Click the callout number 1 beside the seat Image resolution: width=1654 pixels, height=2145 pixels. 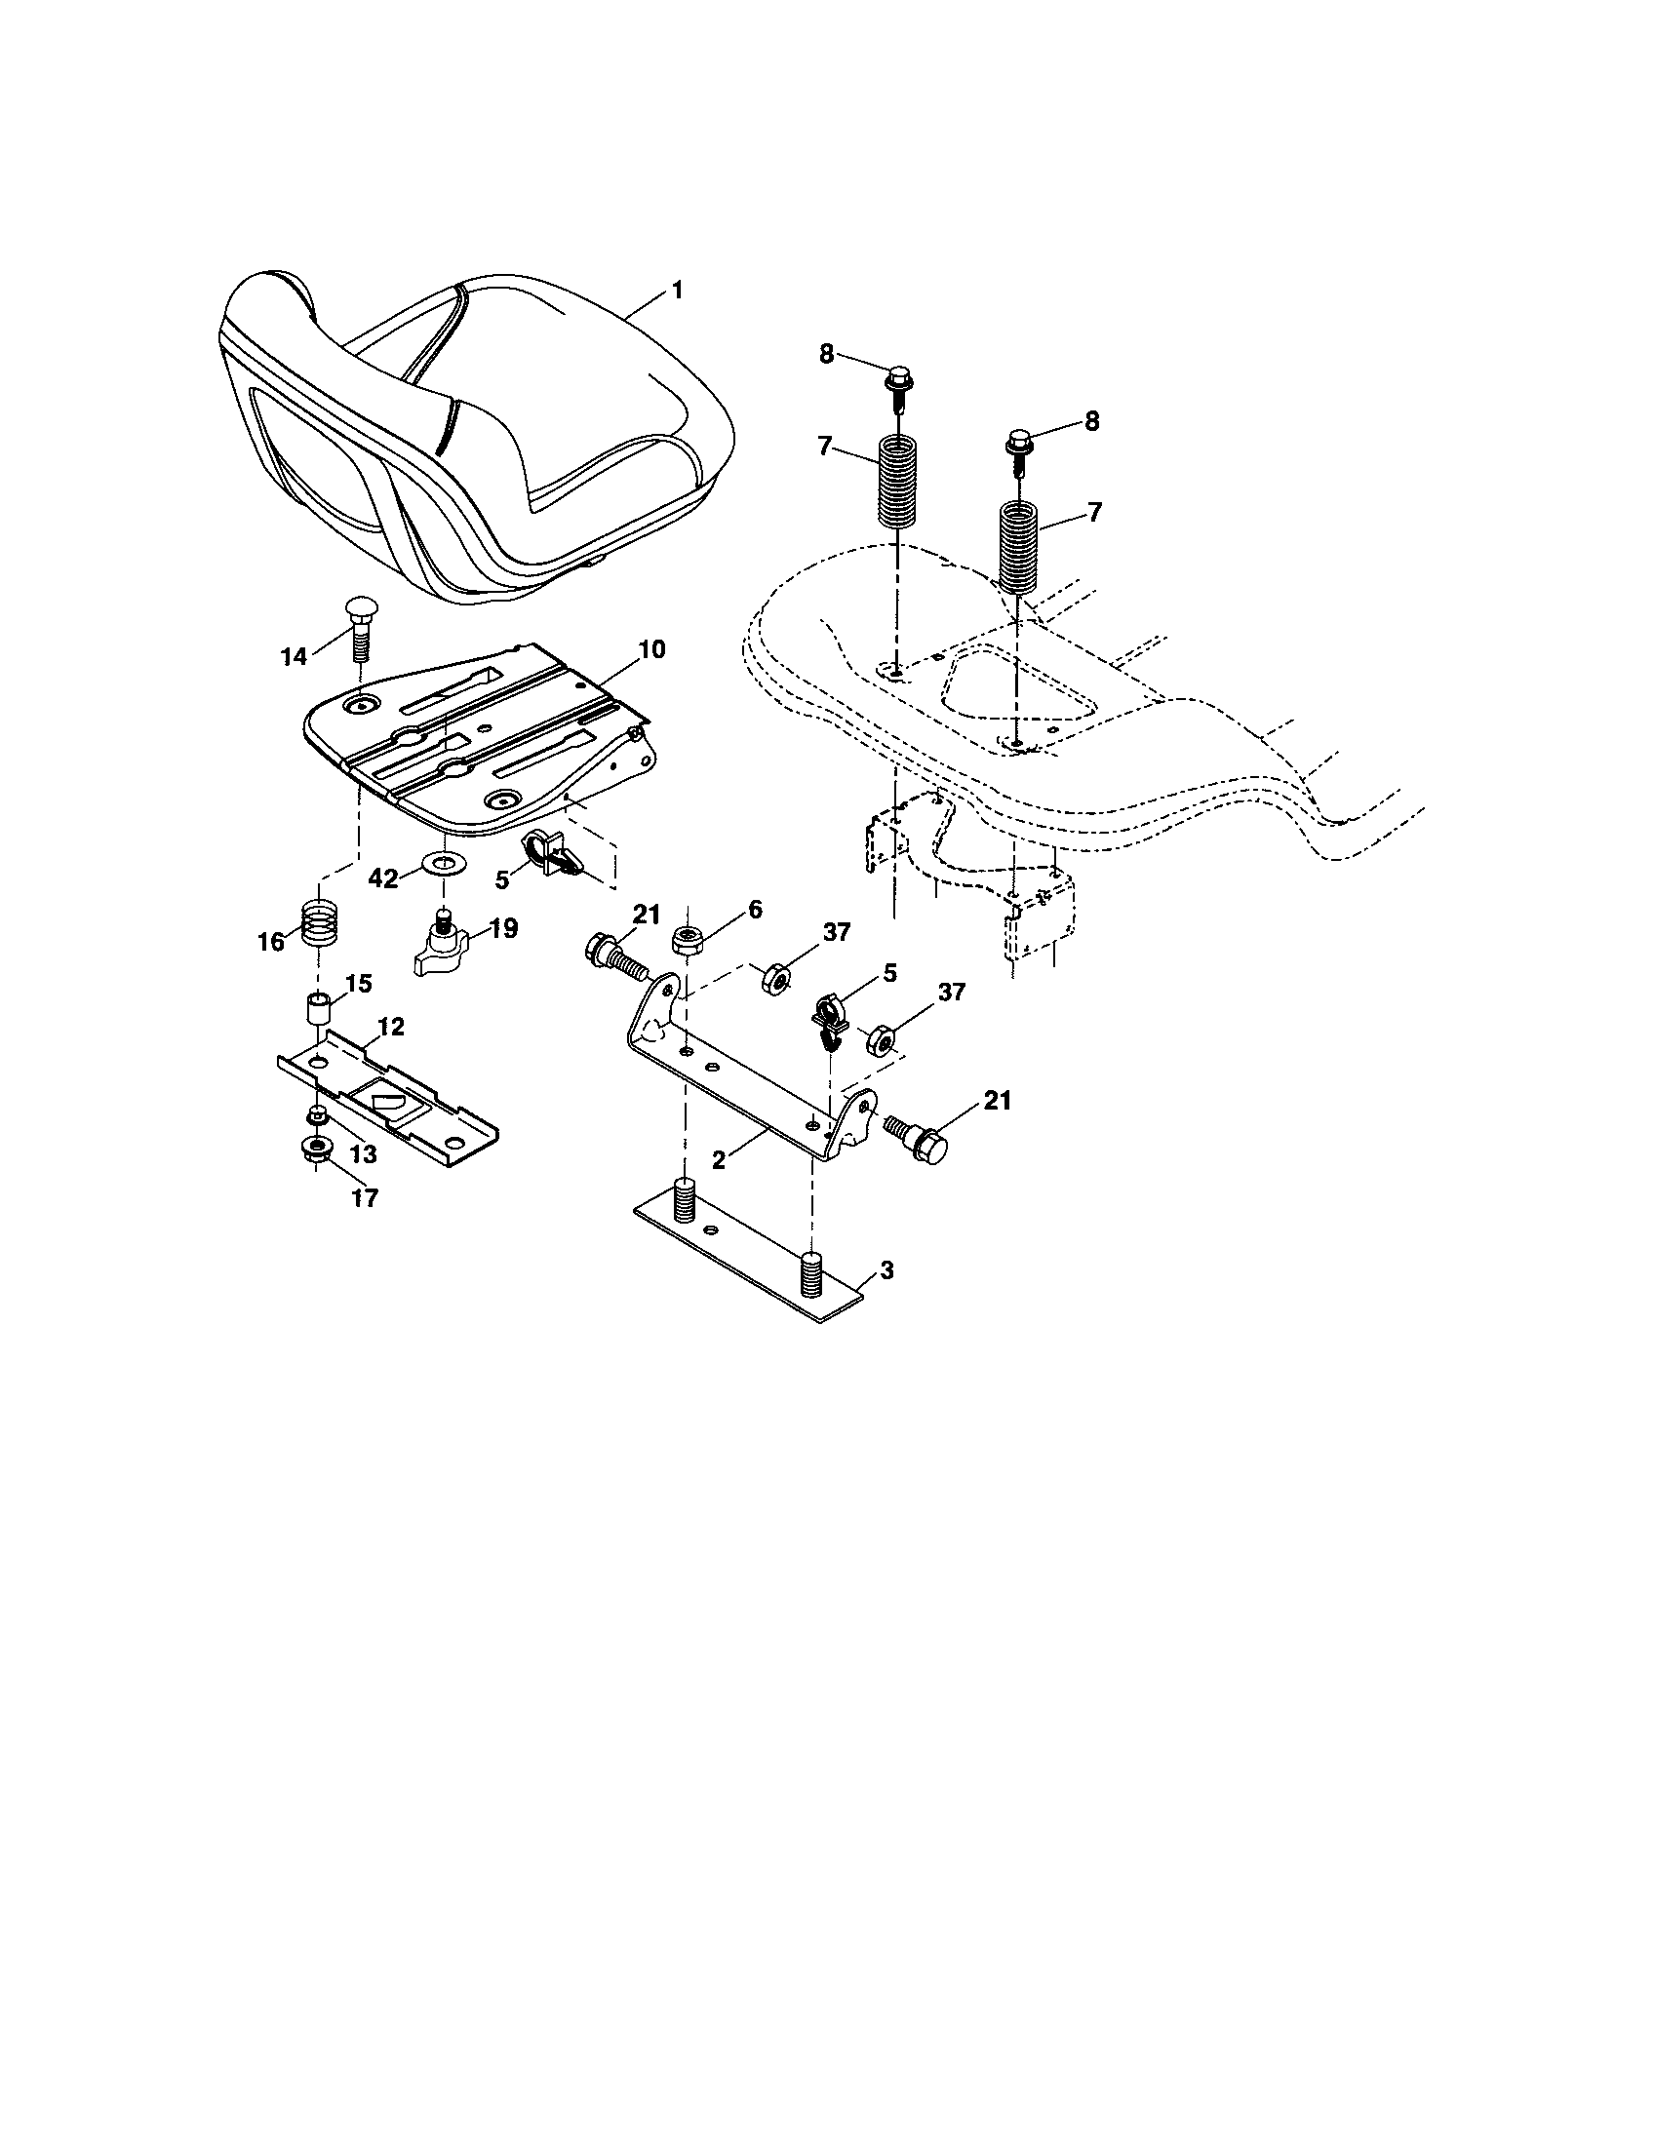pyautogui.click(x=677, y=291)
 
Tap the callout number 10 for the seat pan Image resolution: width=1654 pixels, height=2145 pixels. pyautogui.click(x=651, y=649)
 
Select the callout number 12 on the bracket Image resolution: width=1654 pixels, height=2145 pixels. pyautogui.click(x=390, y=1027)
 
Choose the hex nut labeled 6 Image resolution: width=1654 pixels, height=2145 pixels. pyautogui.click(x=686, y=940)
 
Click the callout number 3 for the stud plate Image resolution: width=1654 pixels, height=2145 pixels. pyautogui.click(x=886, y=1269)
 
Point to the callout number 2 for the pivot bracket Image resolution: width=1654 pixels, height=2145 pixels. pyautogui.click(x=720, y=1159)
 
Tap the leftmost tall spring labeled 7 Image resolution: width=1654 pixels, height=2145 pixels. pyautogui.click(x=894, y=482)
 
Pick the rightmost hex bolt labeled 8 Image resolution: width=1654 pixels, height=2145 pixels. pyautogui.click(x=1017, y=443)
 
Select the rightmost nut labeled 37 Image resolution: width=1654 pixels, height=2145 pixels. pyautogui.click(x=880, y=1038)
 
